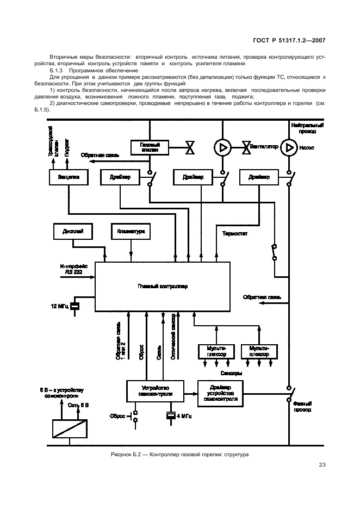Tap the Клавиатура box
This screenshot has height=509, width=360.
click(x=131, y=231)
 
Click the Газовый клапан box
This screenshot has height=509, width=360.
click(x=148, y=147)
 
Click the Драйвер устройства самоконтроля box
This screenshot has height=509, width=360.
click(x=220, y=391)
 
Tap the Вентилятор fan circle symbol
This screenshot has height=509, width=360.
click(x=224, y=146)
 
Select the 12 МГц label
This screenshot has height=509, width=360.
click(x=60, y=306)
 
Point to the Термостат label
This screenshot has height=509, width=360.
click(x=235, y=234)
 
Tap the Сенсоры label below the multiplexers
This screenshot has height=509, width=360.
click(x=231, y=373)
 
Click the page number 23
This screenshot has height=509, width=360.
click(x=322, y=465)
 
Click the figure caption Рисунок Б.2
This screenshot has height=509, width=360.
click(x=179, y=454)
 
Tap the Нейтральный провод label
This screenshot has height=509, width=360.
click(x=308, y=128)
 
